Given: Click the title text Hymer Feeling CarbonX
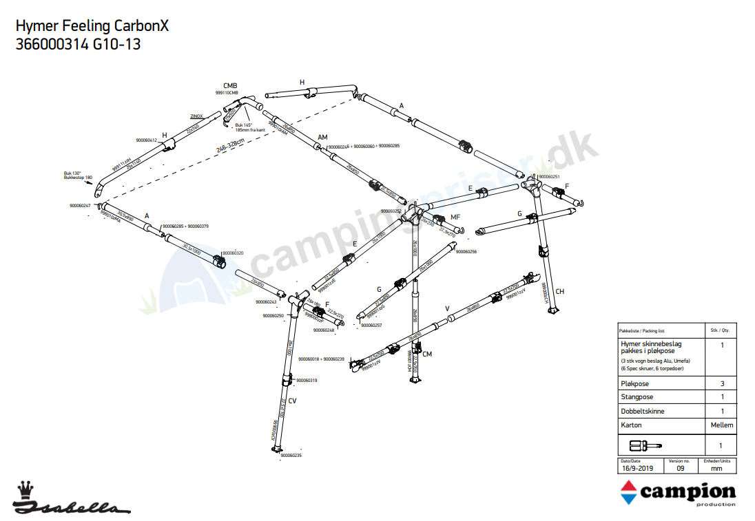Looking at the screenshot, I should tap(92, 26).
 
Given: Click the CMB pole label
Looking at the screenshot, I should tap(230, 85).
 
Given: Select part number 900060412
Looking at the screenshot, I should tap(147, 140).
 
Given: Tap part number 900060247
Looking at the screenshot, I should tap(80, 206).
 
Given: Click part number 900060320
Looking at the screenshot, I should tap(233, 253).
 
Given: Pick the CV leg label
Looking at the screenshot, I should tap(292, 401).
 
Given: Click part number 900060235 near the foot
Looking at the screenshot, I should tap(291, 456).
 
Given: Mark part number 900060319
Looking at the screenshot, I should tap(307, 380).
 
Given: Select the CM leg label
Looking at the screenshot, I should tap(427, 354).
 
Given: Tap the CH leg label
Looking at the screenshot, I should tap(559, 292).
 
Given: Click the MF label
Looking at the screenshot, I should tap(455, 217).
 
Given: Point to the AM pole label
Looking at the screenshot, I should tap(322, 137).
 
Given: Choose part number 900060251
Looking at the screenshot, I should tap(549, 177).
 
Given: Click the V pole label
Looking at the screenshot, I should tap(448, 308).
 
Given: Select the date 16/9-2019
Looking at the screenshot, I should tap(637, 468).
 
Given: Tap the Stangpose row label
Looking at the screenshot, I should tap(637, 397).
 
